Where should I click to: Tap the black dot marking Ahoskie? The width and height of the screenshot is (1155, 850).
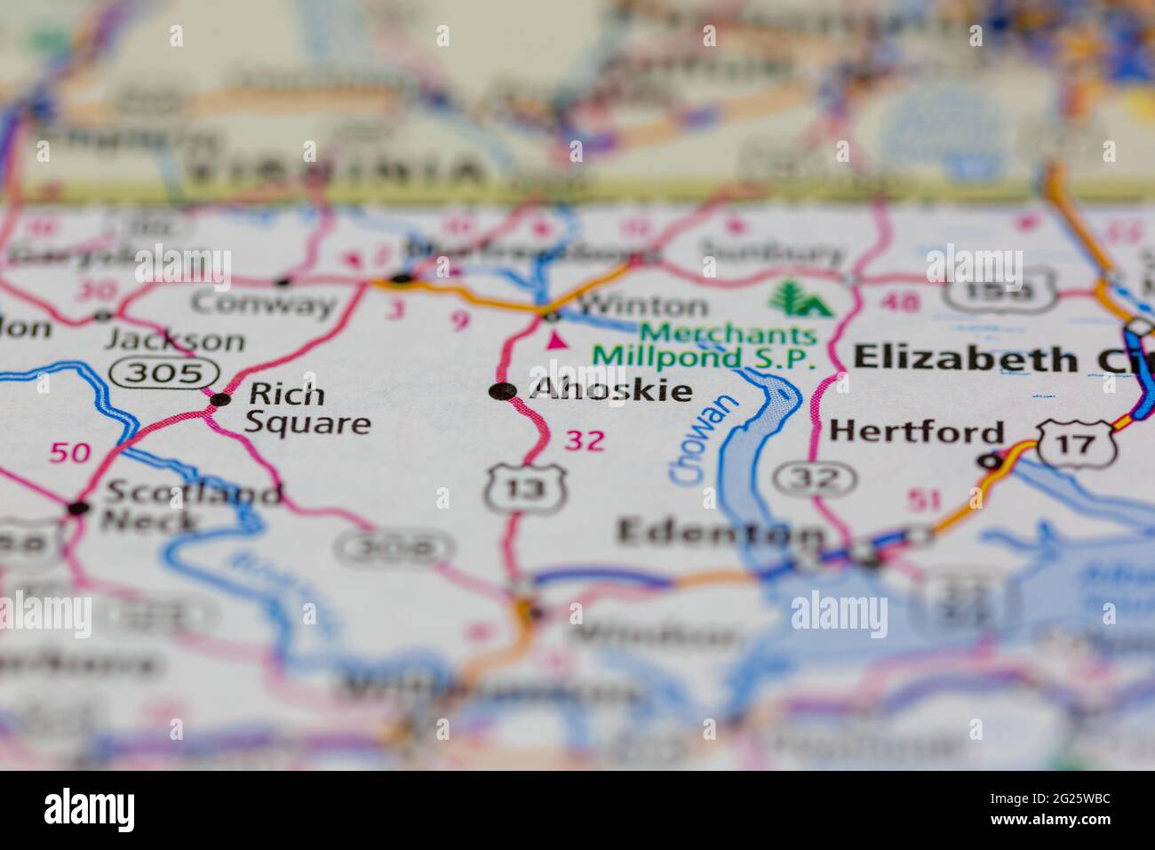click(503, 391)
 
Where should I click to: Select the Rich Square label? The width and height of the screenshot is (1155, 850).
click(307, 408)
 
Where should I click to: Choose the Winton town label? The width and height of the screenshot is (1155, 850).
click(642, 307)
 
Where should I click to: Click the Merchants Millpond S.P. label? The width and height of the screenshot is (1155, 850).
click(704, 347)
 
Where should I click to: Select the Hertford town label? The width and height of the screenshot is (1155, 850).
click(916, 432)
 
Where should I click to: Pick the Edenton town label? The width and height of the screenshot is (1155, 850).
click(720, 533)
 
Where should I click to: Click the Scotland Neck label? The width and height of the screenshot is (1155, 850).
click(191, 505)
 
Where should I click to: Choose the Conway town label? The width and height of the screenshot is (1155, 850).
click(264, 305)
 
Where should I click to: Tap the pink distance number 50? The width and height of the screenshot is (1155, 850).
click(69, 453)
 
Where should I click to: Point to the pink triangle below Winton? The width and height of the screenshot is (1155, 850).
click(557, 340)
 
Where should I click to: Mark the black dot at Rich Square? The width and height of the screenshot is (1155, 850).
click(219, 399)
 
